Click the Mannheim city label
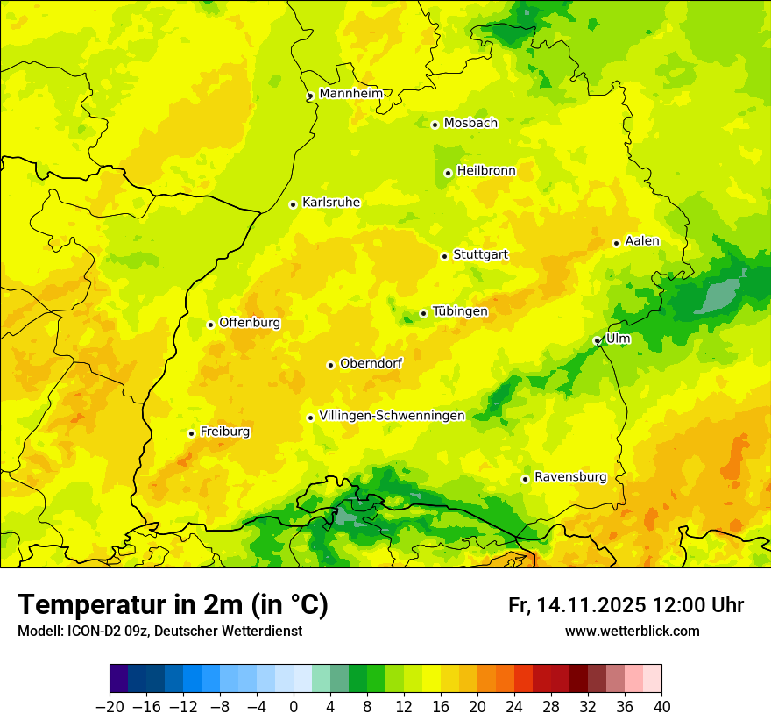(x=351, y=94)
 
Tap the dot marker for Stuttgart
(x=444, y=256)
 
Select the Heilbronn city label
(x=486, y=171)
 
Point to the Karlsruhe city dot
(x=293, y=204)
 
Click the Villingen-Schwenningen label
(x=392, y=416)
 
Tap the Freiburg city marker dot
(x=191, y=433)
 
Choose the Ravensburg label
(x=570, y=477)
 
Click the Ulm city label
(x=618, y=339)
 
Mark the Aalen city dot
(x=616, y=243)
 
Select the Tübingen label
(x=460, y=311)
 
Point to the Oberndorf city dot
(x=330, y=365)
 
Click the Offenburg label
(x=250, y=323)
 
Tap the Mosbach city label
(x=470, y=124)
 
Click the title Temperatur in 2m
(x=173, y=604)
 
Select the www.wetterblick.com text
(x=632, y=632)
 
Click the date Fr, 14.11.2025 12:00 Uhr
(x=626, y=605)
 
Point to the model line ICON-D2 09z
(x=159, y=632)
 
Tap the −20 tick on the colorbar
(x=110, y=707)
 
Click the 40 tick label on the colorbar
(x=661, y=707)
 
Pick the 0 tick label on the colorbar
(x=294, y=707)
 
